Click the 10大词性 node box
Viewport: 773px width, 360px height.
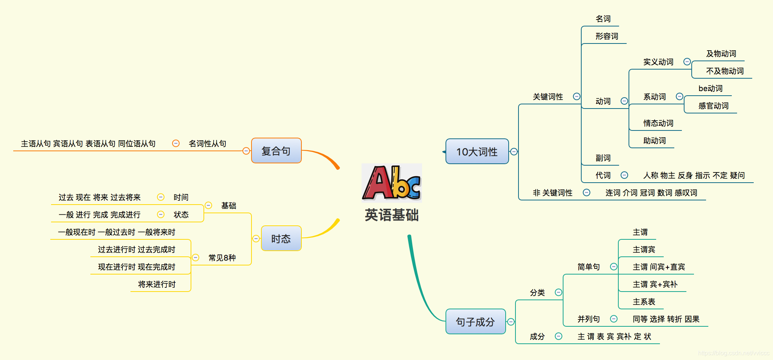pyautogui.click(x=477, y=152)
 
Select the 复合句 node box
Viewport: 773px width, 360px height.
pyautogui.click(x=276, y=151)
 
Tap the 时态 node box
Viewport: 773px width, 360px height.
pyautogui.click(x=281, y=239)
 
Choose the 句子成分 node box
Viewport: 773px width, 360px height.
pyautogui.click(x=475, y=322)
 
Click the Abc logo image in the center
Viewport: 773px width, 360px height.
pyautogui.click(x=391, y=183)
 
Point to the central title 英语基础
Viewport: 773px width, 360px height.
pyautogui.click(x=391, y=215)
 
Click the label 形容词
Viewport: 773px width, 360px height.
pyautogui.click(x=607, y=36)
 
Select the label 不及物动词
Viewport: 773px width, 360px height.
pyautogui.click(x=725, y=71)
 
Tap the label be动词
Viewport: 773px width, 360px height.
pyautogui.click(x=710, y=88)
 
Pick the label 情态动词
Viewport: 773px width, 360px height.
pyautogui.click(x=658, y=123)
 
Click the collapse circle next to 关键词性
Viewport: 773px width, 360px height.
pyautogui.click(x=577, y=96)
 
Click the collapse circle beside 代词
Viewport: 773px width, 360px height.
pyautogui.click(x=624, y=175)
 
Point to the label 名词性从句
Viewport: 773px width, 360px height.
pyautogui.click(x=207, y=144)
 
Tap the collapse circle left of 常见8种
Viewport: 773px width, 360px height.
pyautogui.click(x=196, y=258)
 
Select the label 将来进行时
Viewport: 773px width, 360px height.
pyautogui.click(x=157, y=284)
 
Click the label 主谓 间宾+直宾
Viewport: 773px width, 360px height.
pyautogui.click(x=659, y=267)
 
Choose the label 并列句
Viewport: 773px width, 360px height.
pyautogui.click(x=588, y=319)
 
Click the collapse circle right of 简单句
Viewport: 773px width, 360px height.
pyautogui.click(x=614, y=267)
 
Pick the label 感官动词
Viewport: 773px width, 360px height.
pyautogui.click(x=713, y=106)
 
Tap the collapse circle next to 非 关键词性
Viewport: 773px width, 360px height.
pyautogui.click(x=587, y=192)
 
